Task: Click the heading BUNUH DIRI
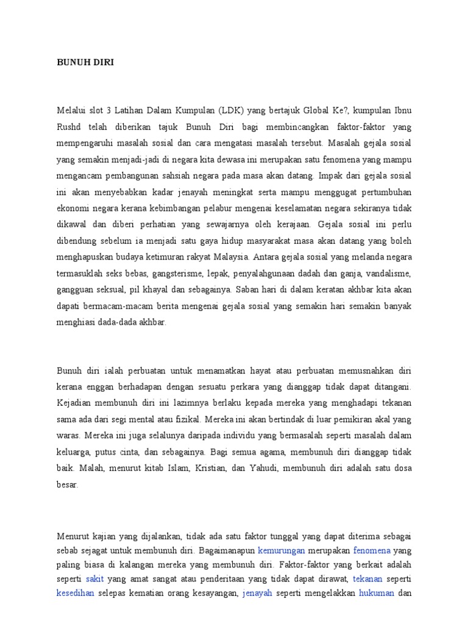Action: (85, 62)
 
